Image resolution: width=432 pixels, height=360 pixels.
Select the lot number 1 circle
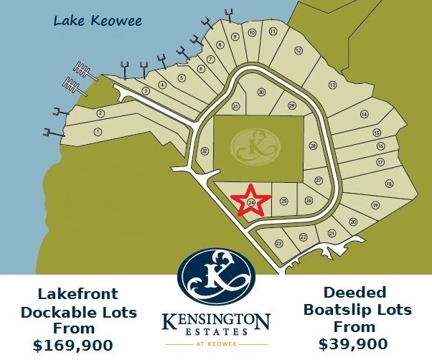[x=98, y=131]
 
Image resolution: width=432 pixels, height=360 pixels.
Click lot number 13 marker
[x=332, y=85]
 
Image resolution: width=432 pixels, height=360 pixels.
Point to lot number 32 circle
[x=205, y=151]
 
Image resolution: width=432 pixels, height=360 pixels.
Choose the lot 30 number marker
[x=261, y=93]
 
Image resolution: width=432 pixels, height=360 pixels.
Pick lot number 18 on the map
[x=389, y=184]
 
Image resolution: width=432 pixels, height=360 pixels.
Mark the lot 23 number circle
[x=278, y=244]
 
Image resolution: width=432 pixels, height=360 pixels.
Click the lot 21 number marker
[x=332, y=234]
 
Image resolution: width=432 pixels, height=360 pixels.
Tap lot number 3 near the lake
[x=146, y=91]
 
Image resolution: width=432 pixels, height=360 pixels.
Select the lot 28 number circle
[x=313, y=146]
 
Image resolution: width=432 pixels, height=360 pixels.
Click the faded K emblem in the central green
[x=254, y=146]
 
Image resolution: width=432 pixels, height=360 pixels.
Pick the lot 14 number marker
[x=365, y=115]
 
